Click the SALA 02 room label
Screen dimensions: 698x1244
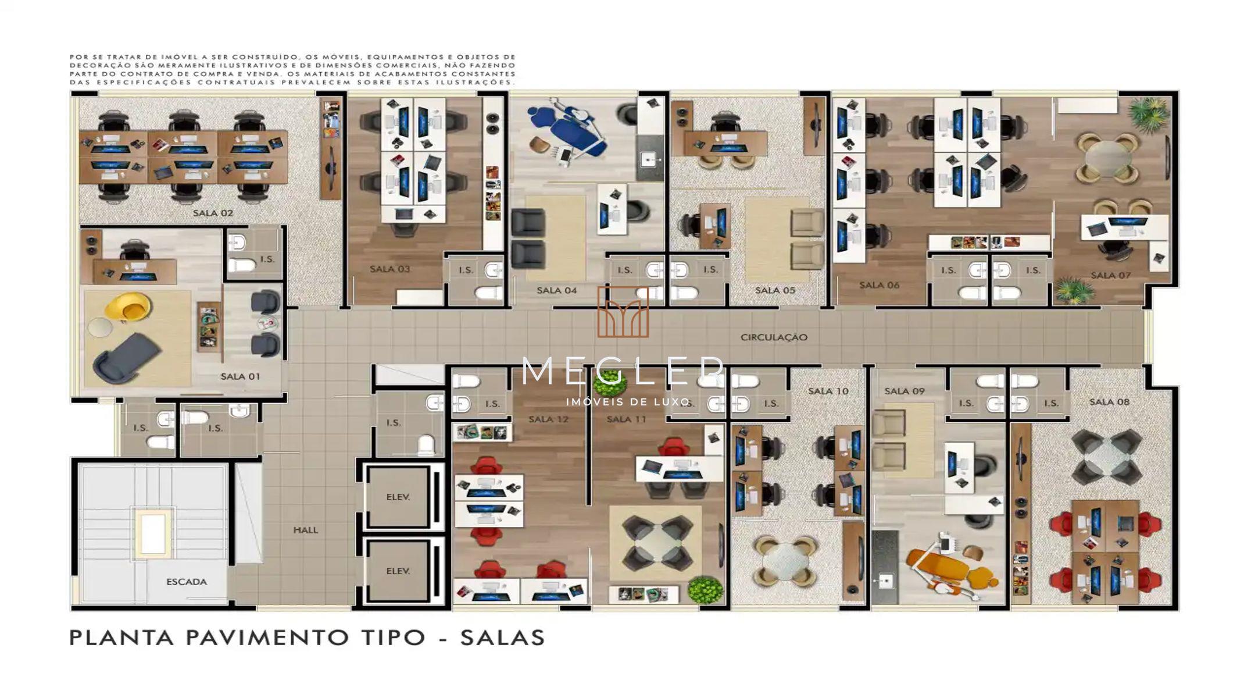[213, 213]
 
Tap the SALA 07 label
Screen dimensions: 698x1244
[1110, 275]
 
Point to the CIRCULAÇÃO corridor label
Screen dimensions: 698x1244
[774, 337]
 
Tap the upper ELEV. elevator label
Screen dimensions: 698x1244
[398, 497]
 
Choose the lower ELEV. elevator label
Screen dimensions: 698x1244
[398, 571]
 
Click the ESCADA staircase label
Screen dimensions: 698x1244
[187, 582]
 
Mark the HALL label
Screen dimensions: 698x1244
[305, 530]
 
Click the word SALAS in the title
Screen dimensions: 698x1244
[503, 638]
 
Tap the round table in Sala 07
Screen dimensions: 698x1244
[1108, 158]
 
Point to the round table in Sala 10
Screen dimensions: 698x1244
[785, 561]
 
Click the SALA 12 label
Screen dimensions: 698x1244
[548, 419]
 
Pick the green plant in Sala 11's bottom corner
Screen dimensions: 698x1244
[706, 589]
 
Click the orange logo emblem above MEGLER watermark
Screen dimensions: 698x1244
[623, 312]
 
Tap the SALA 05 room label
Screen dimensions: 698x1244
[775, 290]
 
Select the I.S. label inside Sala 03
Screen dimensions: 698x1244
[466, 270]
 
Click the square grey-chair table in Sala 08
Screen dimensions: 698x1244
[1106, 457]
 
